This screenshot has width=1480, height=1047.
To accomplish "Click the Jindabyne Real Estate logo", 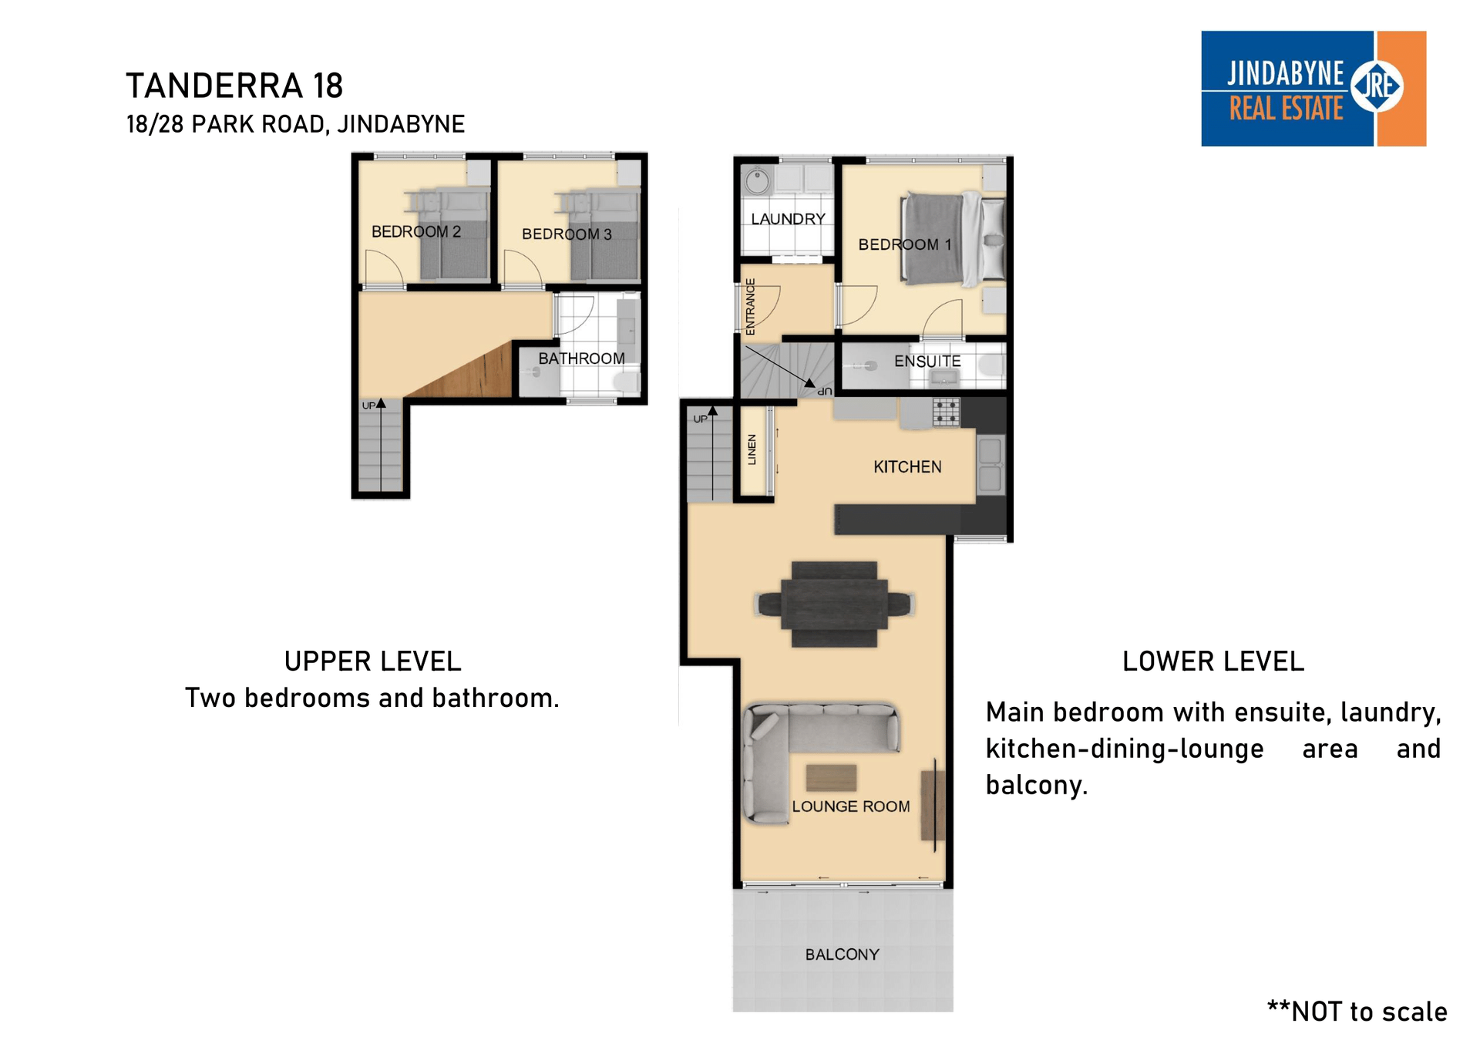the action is tap(1313, 89).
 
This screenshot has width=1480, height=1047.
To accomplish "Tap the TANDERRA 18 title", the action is tap(234, 86).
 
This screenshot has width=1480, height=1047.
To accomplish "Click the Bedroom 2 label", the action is tap(416, 231).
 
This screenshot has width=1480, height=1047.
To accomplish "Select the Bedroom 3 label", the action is tap(567, 234).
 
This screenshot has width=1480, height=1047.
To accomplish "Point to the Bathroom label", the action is tap(581, 359).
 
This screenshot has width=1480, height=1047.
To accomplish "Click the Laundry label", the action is tap(788, 219).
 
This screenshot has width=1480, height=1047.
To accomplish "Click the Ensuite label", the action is tap(927, 361).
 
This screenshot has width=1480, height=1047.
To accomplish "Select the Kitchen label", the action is tap(907, 466).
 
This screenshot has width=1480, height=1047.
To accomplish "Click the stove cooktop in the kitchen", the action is tap(947, 412).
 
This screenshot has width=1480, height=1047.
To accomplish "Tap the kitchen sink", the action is tap(990, 465).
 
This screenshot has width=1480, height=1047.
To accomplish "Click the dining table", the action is tap(834, 604).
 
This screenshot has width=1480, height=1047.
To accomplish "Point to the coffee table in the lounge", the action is tap(831, 778).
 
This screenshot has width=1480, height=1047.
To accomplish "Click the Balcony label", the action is tap(842, 954).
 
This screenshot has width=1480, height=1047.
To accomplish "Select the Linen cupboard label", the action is tap(752, 449).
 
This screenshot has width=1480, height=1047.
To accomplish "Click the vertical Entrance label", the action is tap(750, 306).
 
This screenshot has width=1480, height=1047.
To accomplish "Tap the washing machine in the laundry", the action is tap(758, 181).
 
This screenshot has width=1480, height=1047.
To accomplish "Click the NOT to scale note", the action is tap(1357, 1012).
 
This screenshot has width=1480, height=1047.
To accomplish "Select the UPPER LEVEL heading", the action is tap(372, 662).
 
